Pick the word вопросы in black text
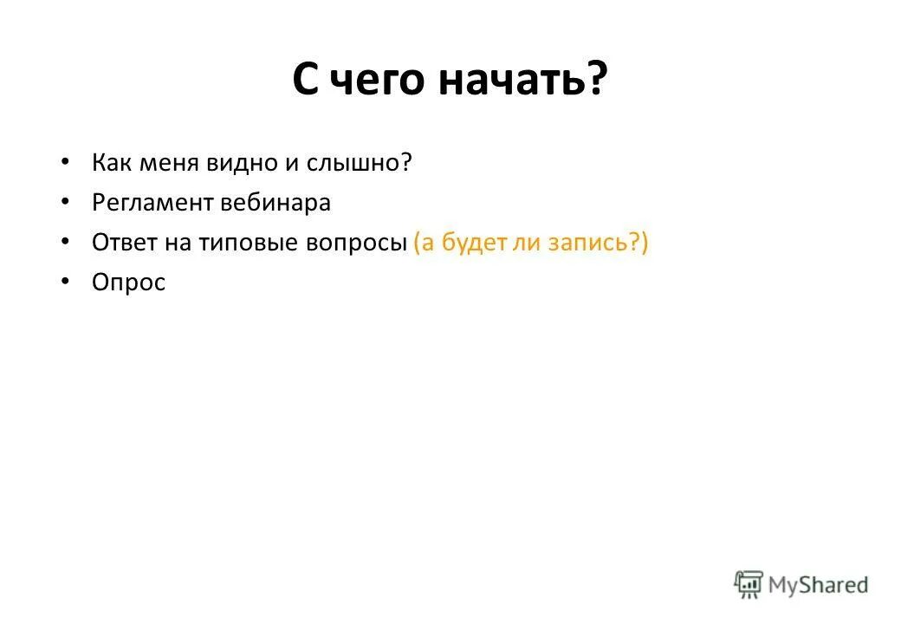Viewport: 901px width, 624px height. [x=356, y=244]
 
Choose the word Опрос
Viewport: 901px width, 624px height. [x=128, y=283]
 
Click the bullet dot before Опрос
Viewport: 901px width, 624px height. [x=67, y=282]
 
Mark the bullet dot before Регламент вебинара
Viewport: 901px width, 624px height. [x=67, y=202]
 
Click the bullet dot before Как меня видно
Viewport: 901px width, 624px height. [x=67, y=162]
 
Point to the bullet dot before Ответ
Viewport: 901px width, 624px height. [x=67, y=242]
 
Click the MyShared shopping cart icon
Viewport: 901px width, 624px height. [x=749, y=583]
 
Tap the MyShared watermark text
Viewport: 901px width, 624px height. [x=817, y=585]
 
